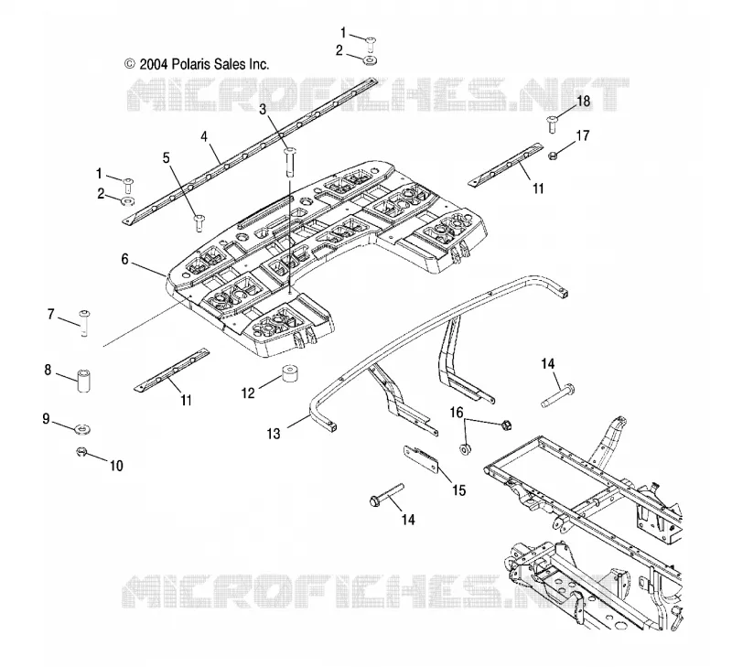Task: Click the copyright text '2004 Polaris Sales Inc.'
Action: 203,63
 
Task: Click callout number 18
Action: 584,101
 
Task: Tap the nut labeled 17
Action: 552,156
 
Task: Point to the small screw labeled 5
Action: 199,222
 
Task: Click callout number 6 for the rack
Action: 124,259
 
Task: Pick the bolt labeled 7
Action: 84,323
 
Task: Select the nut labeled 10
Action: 82,451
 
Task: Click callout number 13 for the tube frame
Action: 274,434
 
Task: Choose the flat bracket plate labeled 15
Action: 421,458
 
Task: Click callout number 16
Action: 456,413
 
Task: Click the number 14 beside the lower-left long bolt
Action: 408,520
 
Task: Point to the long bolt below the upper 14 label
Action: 558,395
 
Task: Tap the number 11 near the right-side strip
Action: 538,188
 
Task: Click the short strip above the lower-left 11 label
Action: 172,370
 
